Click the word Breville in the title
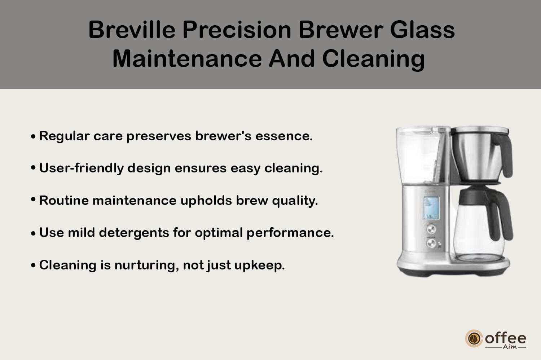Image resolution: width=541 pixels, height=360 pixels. coord(132,30)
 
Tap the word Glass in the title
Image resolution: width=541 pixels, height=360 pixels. coord(422,30)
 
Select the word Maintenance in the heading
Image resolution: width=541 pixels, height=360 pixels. coord(187,59)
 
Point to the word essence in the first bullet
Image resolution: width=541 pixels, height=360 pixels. coord(284,136)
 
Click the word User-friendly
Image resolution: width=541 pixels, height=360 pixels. coord(82,168)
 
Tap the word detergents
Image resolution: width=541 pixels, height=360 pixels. coord(134,233)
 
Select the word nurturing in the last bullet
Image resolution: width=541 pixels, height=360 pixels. coord(147,265)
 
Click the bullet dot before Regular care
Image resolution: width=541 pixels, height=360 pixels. coord(33,136)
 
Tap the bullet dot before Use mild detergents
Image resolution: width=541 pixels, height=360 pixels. coord(33,233)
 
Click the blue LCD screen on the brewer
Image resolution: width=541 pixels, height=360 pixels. coord(431,208)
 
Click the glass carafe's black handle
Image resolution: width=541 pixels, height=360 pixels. coord(500,215)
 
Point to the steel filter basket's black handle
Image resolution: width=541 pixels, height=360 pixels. coord(503,155)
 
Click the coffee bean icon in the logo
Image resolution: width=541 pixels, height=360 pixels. coord(474,338)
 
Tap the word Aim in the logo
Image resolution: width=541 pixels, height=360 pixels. coord(510,347)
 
